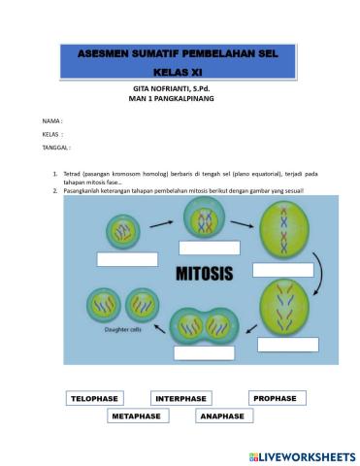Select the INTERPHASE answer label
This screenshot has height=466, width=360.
point(180,398)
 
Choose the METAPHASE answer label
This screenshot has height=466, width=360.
point(139,416)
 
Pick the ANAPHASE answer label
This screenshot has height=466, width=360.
point(222,416)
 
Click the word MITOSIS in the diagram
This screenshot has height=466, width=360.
point(203,275)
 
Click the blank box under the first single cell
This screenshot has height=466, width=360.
point(125,259)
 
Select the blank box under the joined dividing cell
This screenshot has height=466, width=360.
point(204,352)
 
